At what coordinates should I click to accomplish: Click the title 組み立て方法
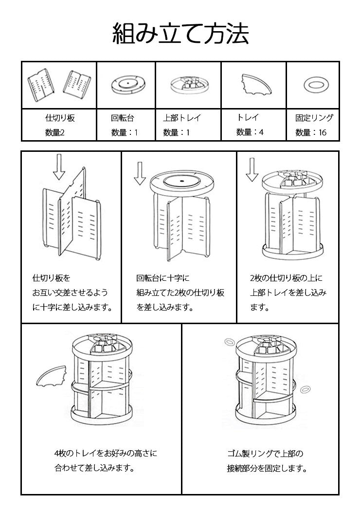pos(180,34)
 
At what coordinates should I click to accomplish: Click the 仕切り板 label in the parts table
pos(60,118)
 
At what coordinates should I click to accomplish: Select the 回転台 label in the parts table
pos(123,118)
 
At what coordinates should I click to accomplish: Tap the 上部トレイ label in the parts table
pos(181,118)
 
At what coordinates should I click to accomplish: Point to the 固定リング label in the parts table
pos(314,118)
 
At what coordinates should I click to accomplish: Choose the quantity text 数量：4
pos(250,132)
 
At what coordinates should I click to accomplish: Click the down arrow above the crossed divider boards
pos(59,167)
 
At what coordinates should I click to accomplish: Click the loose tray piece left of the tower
pos(52,376)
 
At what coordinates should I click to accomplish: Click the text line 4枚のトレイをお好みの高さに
pos(106,454)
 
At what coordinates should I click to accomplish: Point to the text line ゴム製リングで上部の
pos(265,454)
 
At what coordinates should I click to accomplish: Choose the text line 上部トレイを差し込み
pos(288,293)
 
